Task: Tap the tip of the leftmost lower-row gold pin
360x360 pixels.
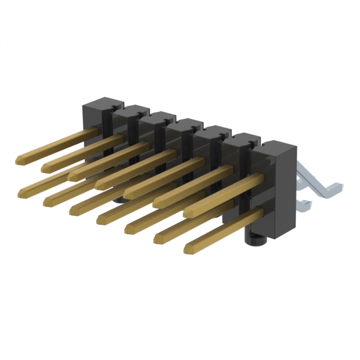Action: (21, 193)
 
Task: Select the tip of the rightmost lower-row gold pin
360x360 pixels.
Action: (188, 247)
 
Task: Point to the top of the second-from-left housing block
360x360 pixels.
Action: (130, 109)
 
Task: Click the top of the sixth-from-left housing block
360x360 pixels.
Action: (242, 138)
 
